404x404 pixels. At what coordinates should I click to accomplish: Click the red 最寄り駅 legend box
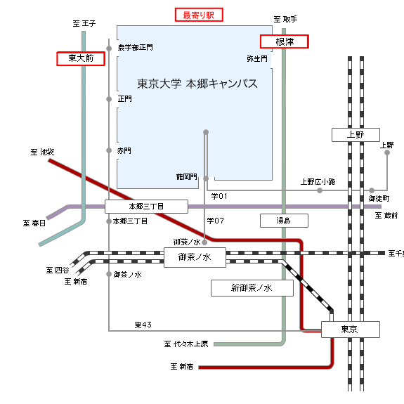pos(199,15)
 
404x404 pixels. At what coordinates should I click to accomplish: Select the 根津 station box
pos(285,41)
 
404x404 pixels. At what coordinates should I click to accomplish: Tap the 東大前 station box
pos(81,59)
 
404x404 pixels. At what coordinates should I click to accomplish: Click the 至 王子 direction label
pos(84,24)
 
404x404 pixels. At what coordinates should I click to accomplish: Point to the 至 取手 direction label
pos(285,19)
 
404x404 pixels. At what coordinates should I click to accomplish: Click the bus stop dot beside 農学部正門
pos(109,48)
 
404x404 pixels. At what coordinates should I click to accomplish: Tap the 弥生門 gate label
pos(257,59)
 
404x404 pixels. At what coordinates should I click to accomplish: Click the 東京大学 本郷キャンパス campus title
pos(197,84)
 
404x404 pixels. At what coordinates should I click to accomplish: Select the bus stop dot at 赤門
pos(109,150)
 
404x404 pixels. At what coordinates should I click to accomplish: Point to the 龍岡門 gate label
pos(187,177)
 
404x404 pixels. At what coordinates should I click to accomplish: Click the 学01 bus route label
pos(219,196)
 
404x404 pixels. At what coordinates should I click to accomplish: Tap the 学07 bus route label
pos(216,221)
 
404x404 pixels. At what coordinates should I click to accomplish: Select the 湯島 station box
pos(284,221)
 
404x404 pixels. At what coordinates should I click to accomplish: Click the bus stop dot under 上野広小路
pos(320,190)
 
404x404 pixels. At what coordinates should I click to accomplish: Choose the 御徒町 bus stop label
pos(379,199)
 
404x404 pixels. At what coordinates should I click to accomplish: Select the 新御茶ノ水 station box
pos(252,288)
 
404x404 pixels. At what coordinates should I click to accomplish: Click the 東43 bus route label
pos(143,325)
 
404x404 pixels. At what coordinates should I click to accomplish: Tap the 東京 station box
pos(351,330)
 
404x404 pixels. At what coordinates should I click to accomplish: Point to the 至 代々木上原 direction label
pos(186,344)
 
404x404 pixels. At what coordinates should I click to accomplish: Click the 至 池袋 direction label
pos(42,152)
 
